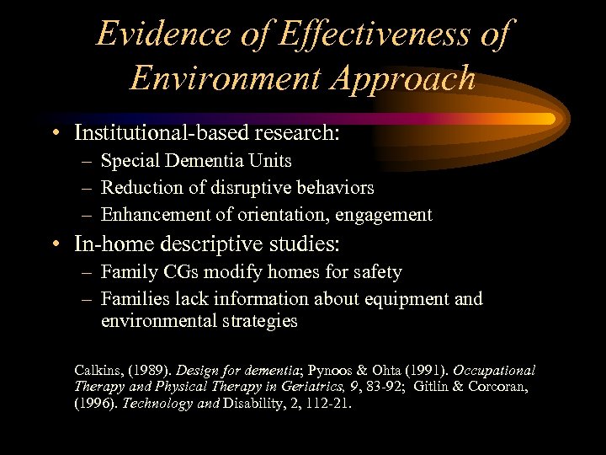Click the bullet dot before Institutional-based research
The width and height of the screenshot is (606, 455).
coord(54,133)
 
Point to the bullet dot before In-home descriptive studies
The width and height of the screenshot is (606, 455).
coord(54,245)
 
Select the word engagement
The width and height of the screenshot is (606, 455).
coord(384,215)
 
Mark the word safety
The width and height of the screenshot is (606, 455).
coord(376,272)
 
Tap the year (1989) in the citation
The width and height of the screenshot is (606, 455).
coord(151,371)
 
